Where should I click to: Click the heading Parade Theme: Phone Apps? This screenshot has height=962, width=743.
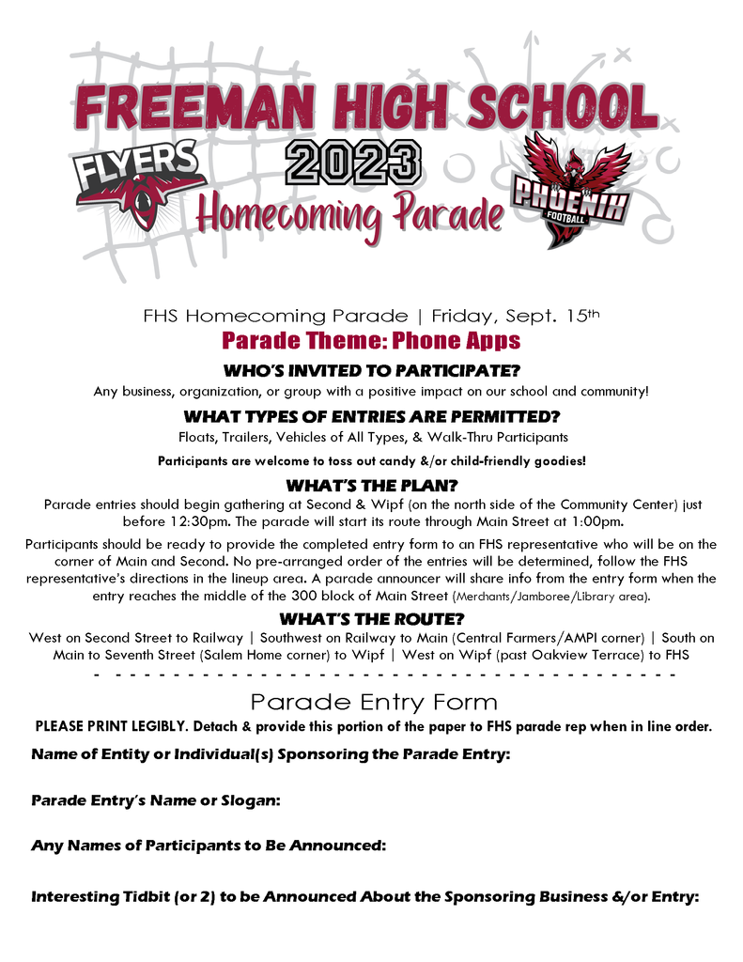tap(371, 339)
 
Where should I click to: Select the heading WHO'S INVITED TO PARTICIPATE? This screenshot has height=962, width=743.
tap(371, 370)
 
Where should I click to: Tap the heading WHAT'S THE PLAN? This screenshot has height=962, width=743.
tap(371, 486)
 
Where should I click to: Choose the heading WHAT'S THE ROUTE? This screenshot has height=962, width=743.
tap(371, 619)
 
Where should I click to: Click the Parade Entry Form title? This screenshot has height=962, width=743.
tap(373, 702)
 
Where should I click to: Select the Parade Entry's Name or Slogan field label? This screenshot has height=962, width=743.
tap(156, 800)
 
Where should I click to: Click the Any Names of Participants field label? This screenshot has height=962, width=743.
tap(209, 846)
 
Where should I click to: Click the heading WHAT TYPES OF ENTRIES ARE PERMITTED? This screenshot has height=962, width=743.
tap(371, 416)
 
